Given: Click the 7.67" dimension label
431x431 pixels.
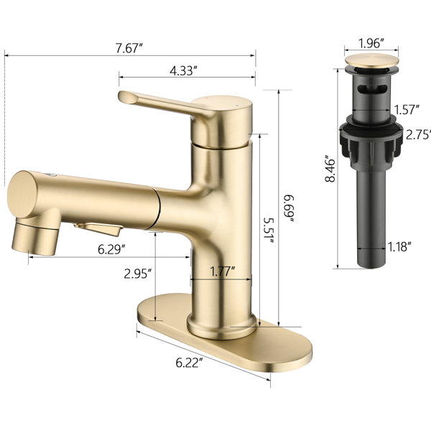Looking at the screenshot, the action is [x=129, y=48].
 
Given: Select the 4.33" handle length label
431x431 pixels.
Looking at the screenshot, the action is [x=184, y=71].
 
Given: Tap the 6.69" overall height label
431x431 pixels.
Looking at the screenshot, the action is [x=289, y=208].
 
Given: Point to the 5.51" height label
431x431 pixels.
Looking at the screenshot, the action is [x=269, y=231].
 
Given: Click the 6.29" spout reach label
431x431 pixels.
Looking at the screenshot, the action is [x=112, y=249].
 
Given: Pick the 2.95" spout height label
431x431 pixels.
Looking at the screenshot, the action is [x=138, y=274].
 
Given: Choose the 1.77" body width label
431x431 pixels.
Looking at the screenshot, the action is [x=223, y=272].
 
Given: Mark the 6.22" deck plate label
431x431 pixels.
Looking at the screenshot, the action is [x=190, y=363].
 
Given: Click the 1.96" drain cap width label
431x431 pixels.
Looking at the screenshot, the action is [x=371, y=43].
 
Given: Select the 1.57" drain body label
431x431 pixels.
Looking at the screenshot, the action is [x=407, y=109].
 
